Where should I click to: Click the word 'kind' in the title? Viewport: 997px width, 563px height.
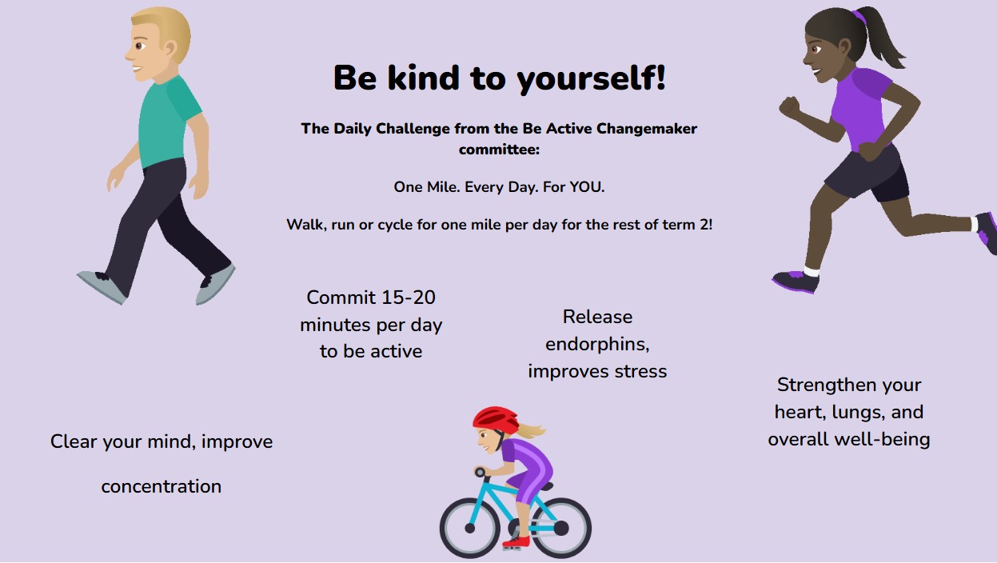click(x=423, y=78)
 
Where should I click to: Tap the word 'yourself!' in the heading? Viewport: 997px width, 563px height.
click(x=591, y=80)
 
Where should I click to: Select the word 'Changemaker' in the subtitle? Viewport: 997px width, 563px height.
click(x=647, y=129)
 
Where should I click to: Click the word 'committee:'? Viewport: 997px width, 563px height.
click(x=499, y=150)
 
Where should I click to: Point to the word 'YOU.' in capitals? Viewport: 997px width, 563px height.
click(x=587, y=187)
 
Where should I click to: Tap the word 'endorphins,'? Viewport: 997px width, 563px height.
click(x=597, y=344)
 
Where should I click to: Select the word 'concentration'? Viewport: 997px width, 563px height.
click(x=162, y=486)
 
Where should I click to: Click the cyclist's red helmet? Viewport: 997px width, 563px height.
click(x=496, y=419)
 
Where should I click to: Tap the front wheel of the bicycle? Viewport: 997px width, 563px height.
click(x=470, y=528)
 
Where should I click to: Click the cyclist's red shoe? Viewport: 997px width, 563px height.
click(x=516, y=542)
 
